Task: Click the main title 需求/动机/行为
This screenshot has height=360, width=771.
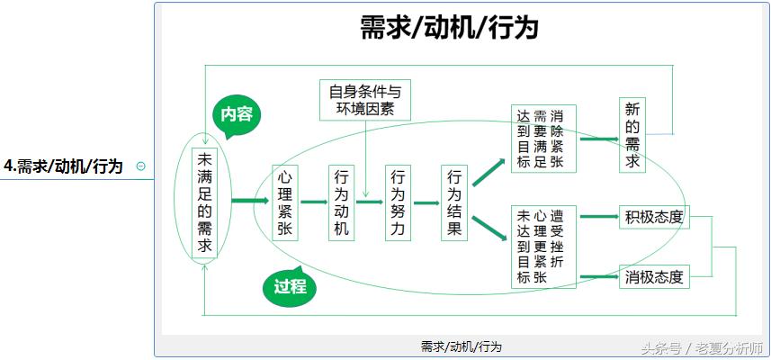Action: pos(449,28)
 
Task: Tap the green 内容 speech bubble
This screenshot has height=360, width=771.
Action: pos(237,115)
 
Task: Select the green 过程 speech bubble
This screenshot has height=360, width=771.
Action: pos(290,287)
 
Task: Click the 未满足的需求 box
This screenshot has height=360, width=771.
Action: pos(205,202)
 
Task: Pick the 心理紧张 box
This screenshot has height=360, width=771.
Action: pos(285,202)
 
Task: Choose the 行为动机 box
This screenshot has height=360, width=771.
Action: pos(342,202)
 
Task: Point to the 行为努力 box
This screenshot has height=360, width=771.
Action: pos(398,202)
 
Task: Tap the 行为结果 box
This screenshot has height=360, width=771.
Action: pos(454,202)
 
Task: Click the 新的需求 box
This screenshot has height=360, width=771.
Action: pos(632,135)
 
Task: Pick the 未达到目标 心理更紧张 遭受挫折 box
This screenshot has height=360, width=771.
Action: pos(543,247)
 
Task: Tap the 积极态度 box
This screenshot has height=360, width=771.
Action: pos(654,217)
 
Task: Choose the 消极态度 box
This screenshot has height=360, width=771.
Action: pos(654,277)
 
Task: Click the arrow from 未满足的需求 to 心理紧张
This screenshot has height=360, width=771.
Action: pos(250,202)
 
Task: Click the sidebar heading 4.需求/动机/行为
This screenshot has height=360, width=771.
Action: pos(63,166)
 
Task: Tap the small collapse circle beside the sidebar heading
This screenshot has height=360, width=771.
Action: pos(139,166)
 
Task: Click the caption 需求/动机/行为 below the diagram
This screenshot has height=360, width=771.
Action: pos(461,346)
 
